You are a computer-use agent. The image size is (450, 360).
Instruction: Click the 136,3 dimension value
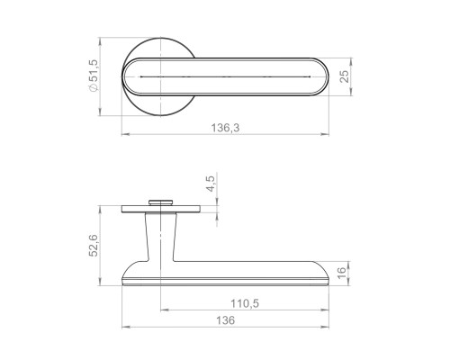coord(225,128)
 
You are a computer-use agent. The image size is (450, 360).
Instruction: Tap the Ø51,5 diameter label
coord(94,76)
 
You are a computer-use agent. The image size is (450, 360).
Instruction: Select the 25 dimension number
coord(345,76)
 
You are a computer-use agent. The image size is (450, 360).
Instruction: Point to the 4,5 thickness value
coord(211,184)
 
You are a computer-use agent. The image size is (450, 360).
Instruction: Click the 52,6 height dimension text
coord(94,246)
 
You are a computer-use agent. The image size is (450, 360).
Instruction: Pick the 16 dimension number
coord(342,273)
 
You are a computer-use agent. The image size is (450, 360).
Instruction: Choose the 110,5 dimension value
coord(245,303)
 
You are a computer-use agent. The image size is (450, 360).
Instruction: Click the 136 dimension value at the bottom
coord(226,320)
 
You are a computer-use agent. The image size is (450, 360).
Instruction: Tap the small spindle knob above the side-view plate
coord(161,202)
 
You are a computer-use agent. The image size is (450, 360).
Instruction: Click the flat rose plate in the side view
coord(161,209)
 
